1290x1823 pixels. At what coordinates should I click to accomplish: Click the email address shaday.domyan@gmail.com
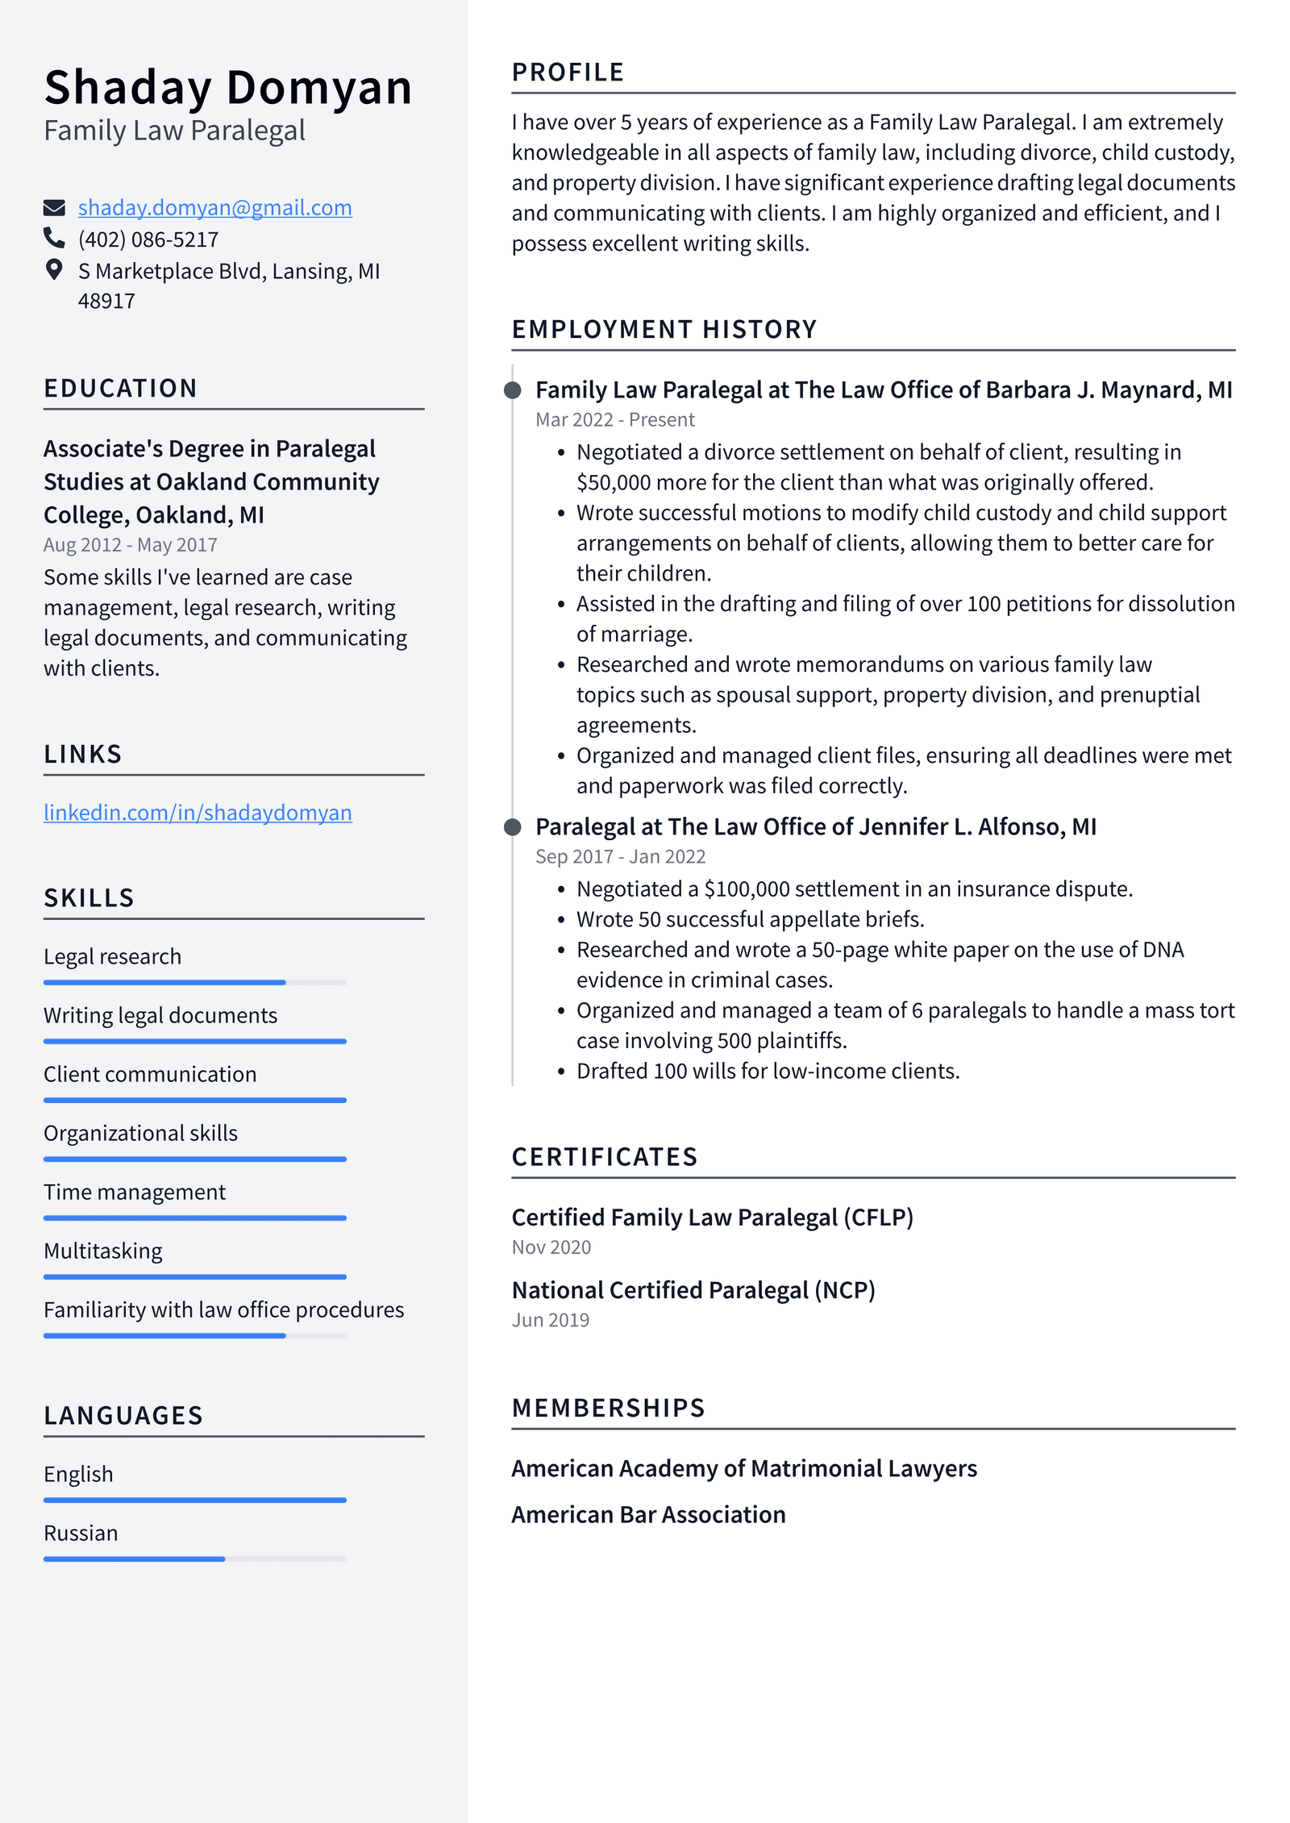pyautogui.click(x=214, y=208)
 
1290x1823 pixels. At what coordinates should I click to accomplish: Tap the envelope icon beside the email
pyautogui.click(x=54, y=208)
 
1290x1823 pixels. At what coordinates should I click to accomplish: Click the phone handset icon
pyautogui.click(x=54, y=238)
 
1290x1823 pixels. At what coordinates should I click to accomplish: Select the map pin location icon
pyautogui.click(x=54, y=269)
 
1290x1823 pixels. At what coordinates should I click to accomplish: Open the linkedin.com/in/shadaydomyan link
pyautogui.click(x=198, y=813)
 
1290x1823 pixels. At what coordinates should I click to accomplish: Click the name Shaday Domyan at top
pyautogui.click(x=227, y=87)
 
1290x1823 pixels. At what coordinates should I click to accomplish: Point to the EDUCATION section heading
pyautogui.click(x=120, y=389)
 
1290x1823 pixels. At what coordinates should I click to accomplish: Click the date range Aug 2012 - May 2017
pyautogui.click(x=131, y=545)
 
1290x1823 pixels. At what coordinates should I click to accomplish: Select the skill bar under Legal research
pyautogui.click(x=194, y=982)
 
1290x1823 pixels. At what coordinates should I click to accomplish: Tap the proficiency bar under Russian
pyautogui.click(x=194, y=1559)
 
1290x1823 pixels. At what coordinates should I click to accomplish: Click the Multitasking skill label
pyautogui.click(x=103, y=1251)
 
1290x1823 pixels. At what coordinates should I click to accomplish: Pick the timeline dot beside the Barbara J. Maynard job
pyautogui.click(x=512, y=391)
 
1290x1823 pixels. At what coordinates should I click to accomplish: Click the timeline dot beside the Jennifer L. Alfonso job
pyautogui.click(x=512, y=827)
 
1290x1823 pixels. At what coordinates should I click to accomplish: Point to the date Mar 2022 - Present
pyautogui.click(x=614, y=420)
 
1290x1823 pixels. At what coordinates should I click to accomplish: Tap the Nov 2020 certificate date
pyautogui.click(x=551, y=1247)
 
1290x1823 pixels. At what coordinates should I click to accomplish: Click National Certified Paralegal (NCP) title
pyautogui.click(x=693, y=1290)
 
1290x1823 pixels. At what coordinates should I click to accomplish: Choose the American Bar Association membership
pyautogui.click(x=648, y=1514)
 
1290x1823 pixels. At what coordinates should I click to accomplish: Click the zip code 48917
pyautogui.click(x=106, y=302)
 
